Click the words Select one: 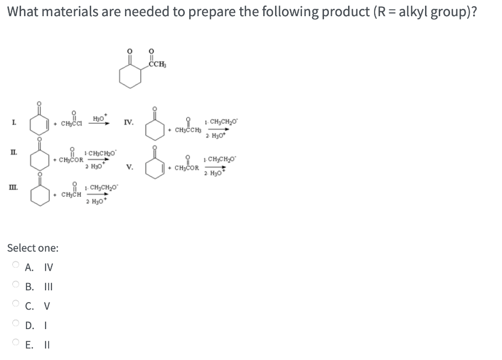click(x=33, y=248)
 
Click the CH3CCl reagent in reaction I click(x=73, y=122)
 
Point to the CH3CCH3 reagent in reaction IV click(x=187, y=129)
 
